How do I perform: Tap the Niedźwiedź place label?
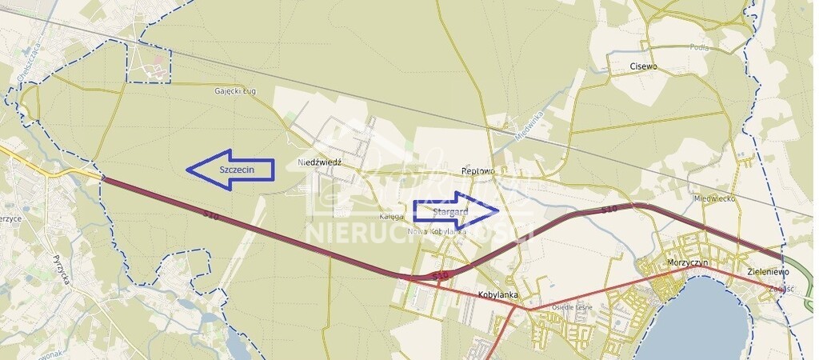click(319, 162)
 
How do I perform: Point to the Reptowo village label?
click(480, 171)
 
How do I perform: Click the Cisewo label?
click(643, 66)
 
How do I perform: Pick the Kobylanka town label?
click(498, 294)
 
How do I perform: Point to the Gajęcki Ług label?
click(235, 92)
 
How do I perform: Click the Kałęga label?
click(391, 217)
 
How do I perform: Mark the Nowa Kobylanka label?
click(437, 231)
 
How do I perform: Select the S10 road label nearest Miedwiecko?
click(609, 210)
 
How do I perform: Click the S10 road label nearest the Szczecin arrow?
click(211, 216)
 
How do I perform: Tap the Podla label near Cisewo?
click(698, 47)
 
